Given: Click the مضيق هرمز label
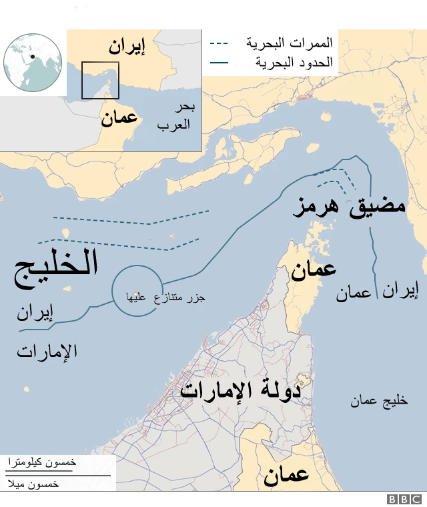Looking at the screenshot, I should (x=350, y=203).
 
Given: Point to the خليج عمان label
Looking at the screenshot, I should (x=379, y=401).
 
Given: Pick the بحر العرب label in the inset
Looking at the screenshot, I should (x=174, y=116).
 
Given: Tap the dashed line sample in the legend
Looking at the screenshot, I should (x=219, y=44).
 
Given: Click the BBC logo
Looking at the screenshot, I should (x=405, y=499).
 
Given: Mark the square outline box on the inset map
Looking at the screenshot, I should (x=100, y=80).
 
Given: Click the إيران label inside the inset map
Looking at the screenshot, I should (x=127, y=47).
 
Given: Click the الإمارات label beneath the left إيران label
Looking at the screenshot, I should (x=47, y=352).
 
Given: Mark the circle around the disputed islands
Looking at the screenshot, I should (x=136, y=292).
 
